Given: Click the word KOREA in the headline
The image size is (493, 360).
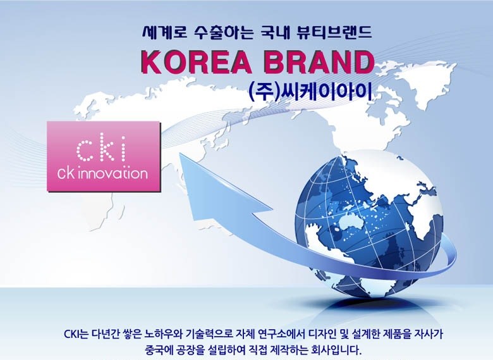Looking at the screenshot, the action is (x=197, y=62).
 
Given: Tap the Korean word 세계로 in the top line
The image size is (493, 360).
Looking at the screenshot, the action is (x=165, y=32).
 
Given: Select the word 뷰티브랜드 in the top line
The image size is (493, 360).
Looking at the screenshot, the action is (x=334, y=32).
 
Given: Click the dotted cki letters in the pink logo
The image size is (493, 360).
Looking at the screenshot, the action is (x=101, y=149).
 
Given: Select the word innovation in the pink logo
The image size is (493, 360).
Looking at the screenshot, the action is (x=113, y=174).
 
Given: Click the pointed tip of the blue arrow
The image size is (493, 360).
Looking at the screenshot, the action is (x=180, y=154).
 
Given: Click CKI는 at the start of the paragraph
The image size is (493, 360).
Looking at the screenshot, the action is (x=76, y=334).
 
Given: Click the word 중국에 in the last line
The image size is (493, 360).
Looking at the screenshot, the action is (x=159, y=350).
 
